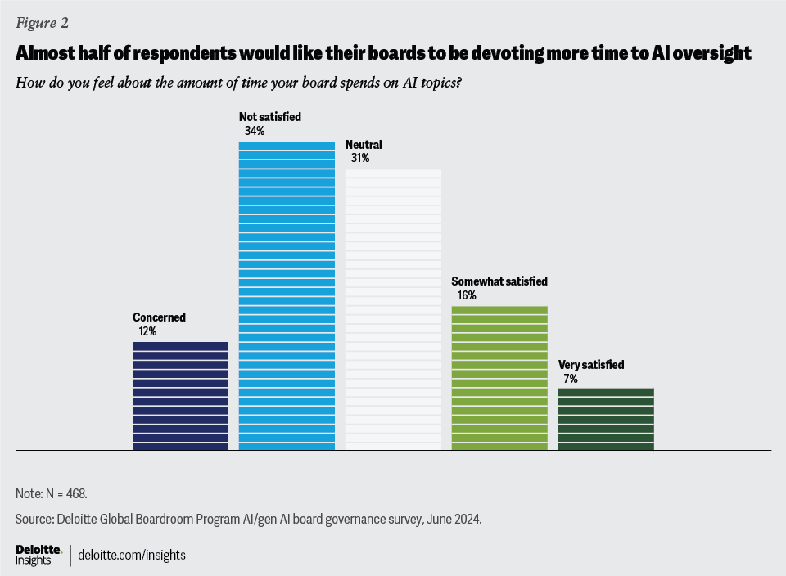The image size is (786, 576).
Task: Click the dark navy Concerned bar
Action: coord(180,395)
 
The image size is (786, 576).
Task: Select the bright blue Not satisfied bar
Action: coord(287,295)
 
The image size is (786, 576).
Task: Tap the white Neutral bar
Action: coord(393,309)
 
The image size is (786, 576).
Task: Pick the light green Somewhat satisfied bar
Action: coord(499,377)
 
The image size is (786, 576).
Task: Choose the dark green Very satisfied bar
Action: coord(606,418)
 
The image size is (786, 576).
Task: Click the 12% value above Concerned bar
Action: coord(147,331)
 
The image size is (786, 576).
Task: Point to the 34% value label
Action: coord(254,131)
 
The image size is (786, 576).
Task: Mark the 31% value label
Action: coord(360,159)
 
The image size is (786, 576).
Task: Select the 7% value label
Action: coord(570,379)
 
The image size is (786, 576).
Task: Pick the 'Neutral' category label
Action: coord(364,145)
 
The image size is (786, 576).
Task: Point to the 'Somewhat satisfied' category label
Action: coord(499,281)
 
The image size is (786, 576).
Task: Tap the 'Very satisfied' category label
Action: coord(591,365)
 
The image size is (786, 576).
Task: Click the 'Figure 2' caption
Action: coord(42,23)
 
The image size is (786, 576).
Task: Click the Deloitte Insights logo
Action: coord(38,554)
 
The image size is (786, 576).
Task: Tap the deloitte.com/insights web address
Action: coord(132,555)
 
